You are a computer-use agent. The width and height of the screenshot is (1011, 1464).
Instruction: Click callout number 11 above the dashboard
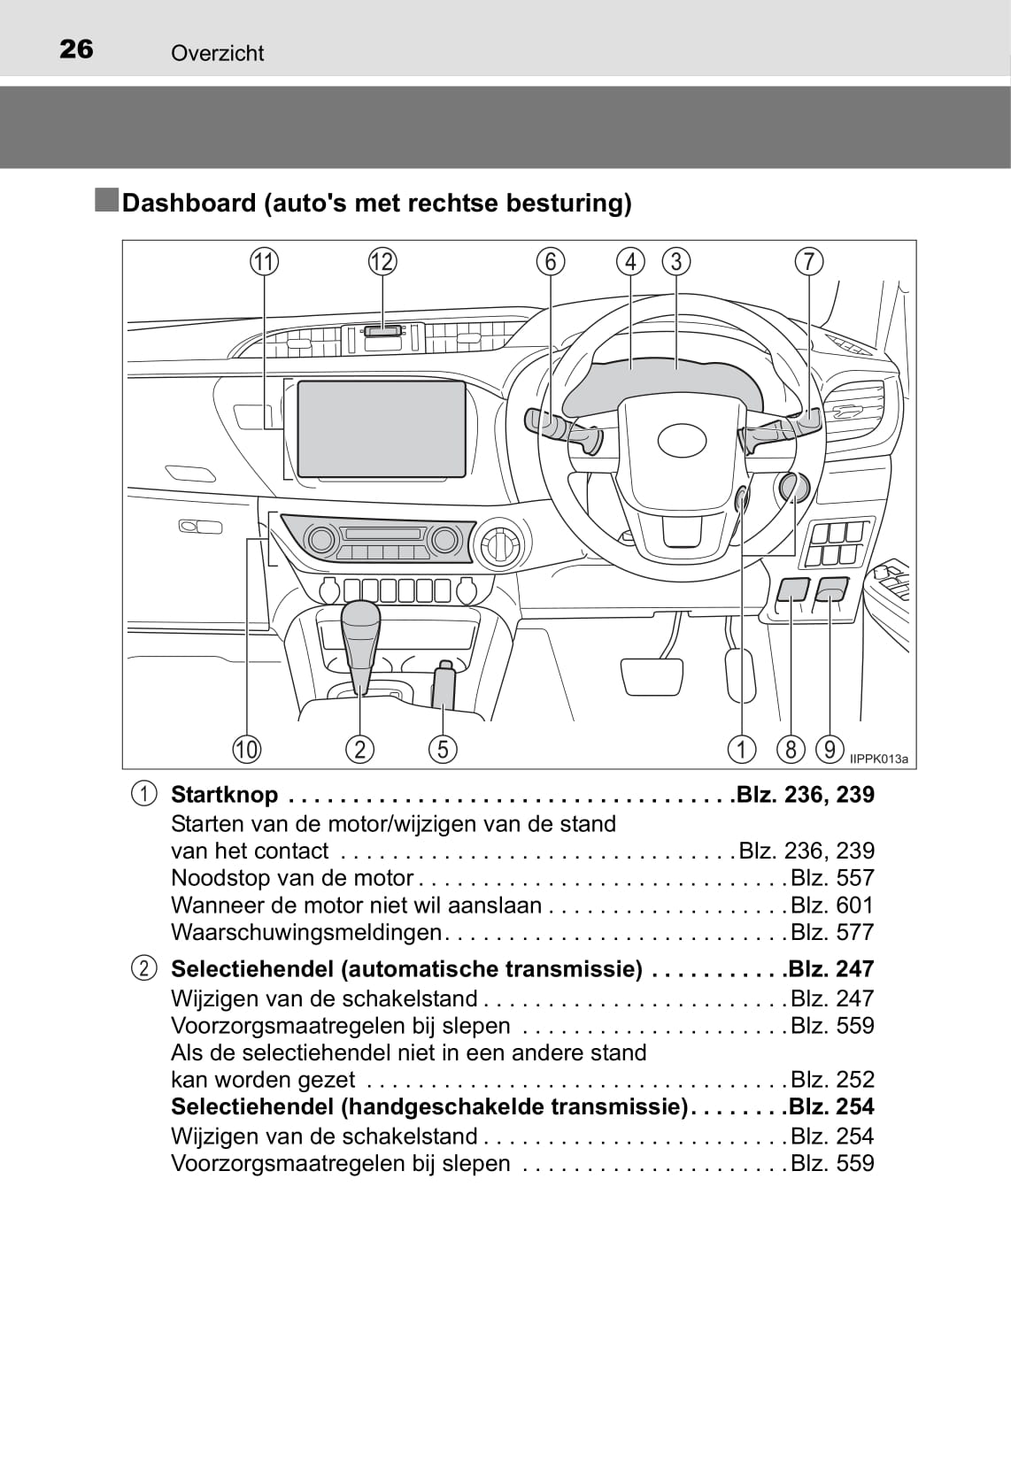[x=264, y=262]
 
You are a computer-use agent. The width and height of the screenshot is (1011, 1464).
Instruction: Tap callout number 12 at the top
[x=382, y=262]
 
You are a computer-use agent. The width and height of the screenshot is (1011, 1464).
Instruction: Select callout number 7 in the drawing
[x=809, y=261]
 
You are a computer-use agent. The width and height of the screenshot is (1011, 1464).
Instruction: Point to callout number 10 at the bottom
[x=247, y=749]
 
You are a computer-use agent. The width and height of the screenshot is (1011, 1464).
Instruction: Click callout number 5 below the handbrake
[x=443, y=749]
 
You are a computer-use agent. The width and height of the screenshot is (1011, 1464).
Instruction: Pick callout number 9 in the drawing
[x=830, y=749]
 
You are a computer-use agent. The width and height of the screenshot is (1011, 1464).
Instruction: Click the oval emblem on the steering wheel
[x=683, y=442]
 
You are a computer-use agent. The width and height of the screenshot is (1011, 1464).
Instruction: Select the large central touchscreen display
[x=382, y=428]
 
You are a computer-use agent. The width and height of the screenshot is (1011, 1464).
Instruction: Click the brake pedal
[x=652, y=677]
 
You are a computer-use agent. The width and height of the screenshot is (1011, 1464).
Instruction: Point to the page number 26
[x=76, y=49]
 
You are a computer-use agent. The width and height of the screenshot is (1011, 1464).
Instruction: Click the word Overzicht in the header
[x=218, y=53]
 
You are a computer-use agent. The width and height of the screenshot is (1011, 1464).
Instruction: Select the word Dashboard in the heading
[x=189, y=203]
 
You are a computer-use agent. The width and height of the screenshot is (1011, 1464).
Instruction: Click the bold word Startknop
[x=225, y=795]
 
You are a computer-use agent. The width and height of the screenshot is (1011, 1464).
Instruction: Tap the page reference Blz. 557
[x=832, y=878]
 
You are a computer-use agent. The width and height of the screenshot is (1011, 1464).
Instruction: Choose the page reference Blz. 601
[x=832, y=905]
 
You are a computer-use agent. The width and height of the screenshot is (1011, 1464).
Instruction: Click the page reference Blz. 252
[x=832, y=1079]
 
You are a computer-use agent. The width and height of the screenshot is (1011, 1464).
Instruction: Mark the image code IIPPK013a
[x=879, y=759]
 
